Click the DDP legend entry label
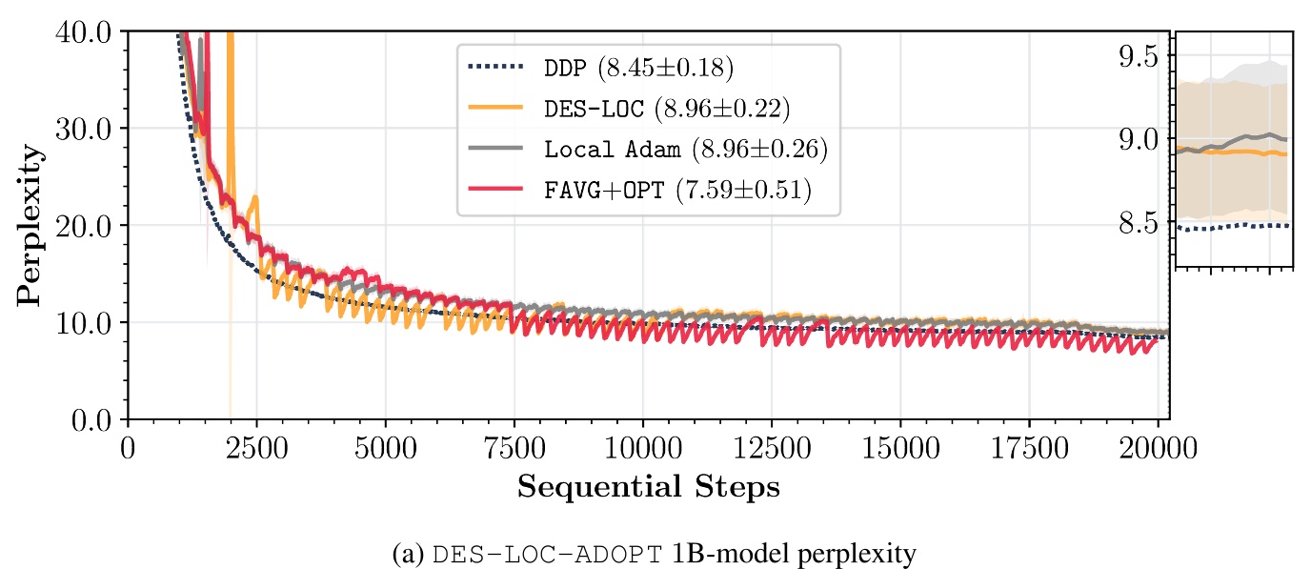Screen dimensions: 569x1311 click(x=638, y=69)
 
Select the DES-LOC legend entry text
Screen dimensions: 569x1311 click(x=666, y=110)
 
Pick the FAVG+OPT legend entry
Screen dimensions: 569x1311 click(x=676, y=191)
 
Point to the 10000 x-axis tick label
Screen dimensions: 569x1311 click(x=642, y=448)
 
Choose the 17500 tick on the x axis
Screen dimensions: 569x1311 click(x=1029, y=448)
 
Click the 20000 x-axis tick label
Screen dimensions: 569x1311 click(x=1157, y=448)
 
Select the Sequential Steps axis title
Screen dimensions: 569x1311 click(x=648, y=488)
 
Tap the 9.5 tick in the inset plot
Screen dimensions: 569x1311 click(x=1140, y=56)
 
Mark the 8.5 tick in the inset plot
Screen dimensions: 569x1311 click(x=1140, y=222)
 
